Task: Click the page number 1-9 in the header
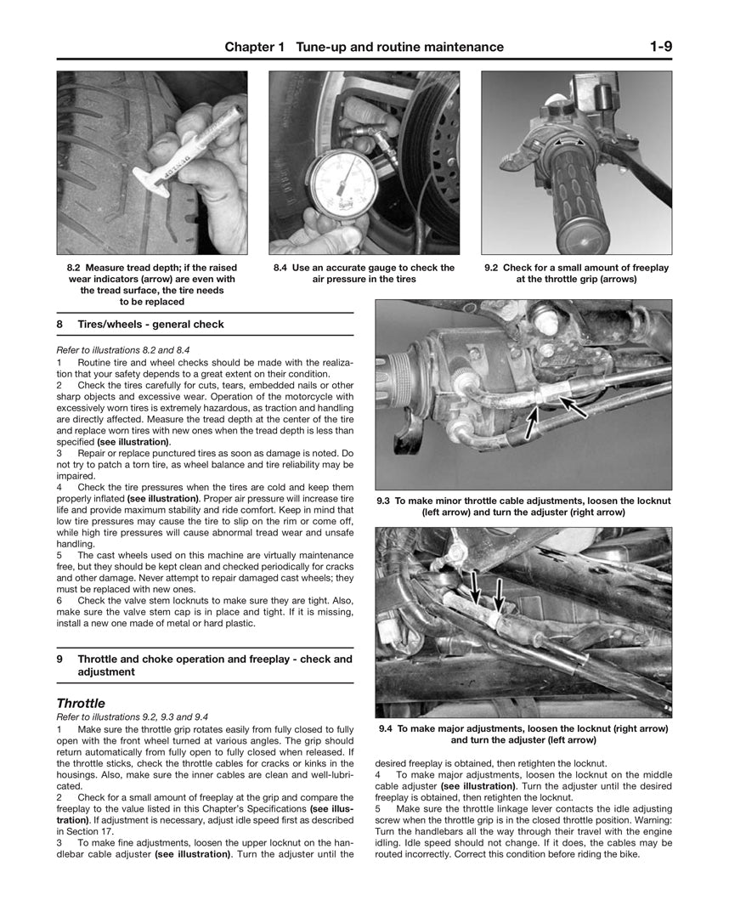660,47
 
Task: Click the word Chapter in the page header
250,48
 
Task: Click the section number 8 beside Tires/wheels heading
60,324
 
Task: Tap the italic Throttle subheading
81,704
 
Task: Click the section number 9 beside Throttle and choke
60,659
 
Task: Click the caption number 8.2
75,268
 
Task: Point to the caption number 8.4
281,268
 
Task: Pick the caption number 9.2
492,268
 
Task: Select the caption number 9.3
384,501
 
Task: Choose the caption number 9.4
386,728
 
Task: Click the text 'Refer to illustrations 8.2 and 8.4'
122,349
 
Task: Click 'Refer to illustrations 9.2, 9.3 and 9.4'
132,717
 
